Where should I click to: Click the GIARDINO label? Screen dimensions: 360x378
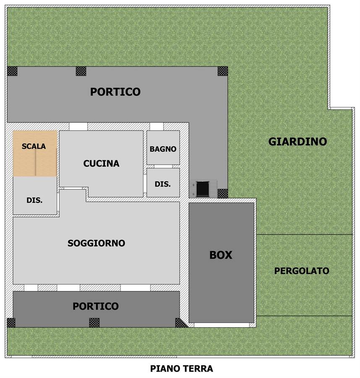click(x=297, y=142)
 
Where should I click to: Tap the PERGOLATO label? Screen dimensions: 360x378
click(x=302, y=271)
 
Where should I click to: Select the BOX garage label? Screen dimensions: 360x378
click(x=221, y=255)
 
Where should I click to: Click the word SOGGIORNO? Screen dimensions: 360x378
click(x=97, y=243)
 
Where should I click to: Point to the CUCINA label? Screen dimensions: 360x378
click(x=102, y=163)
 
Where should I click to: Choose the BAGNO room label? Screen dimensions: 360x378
click(x=163, y=149)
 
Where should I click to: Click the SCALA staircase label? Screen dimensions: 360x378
click(x=34, y=146)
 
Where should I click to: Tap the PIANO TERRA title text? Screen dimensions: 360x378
click(x=182, y=369)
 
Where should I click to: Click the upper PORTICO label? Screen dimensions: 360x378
click(x=115, y=92)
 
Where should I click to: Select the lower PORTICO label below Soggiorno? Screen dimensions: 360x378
click(x=96, y=306)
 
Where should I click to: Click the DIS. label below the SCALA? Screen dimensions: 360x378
click(x=34, y=200)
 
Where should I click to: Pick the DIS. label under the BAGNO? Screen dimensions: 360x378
click(x=163, y=184)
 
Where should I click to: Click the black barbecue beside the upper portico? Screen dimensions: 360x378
click(x=203, y=189)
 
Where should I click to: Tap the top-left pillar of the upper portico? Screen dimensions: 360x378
click(x=12, y=71)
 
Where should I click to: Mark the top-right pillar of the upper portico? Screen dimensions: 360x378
click(x=223, y=71)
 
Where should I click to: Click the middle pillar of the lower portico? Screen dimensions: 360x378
click(x=94, y=323)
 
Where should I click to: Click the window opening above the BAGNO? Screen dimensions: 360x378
click(x=157, y=126)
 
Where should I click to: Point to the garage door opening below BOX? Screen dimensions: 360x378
click(x=222, y=325)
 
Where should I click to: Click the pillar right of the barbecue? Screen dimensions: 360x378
click(x=223, y=194)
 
